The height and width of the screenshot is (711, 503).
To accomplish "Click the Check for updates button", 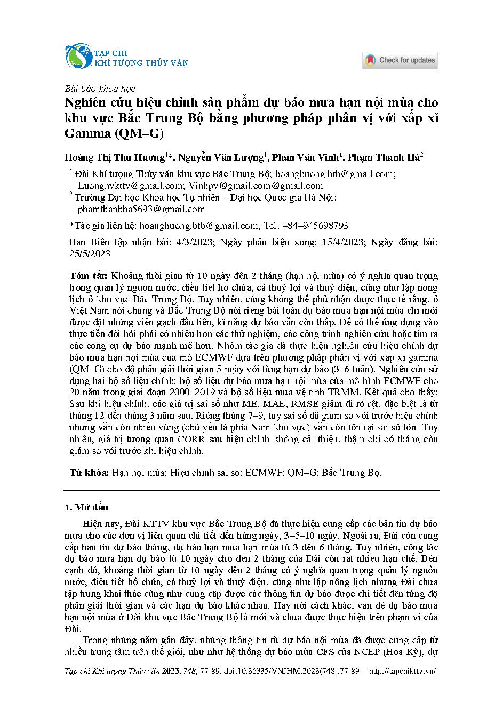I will [400, 60].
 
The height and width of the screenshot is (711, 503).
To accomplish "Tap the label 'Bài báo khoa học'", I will [99, 89].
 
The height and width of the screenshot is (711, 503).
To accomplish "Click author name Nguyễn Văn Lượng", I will [220, 157].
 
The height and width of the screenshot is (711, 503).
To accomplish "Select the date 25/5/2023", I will [90, 253].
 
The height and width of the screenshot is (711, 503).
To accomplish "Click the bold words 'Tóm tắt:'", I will [89, 276].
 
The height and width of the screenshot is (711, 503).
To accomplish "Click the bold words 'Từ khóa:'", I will [90, 473].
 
